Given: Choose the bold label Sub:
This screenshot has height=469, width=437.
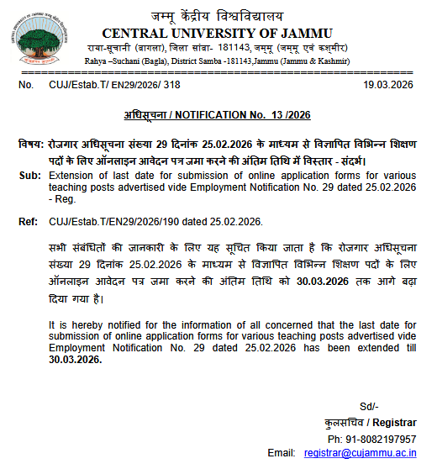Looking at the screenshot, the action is click(x=29, y=175).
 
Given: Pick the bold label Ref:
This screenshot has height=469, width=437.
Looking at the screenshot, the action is click(x=28, y=222).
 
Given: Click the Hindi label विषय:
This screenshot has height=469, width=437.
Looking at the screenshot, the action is click(x=31, y=145).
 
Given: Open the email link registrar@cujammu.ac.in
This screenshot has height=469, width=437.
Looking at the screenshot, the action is click(x=360, y=454).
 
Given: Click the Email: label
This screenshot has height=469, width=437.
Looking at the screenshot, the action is click(x=282, y=454).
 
